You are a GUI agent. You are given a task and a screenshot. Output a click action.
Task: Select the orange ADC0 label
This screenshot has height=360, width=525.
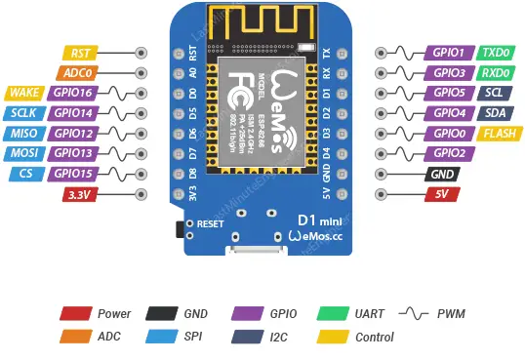77,73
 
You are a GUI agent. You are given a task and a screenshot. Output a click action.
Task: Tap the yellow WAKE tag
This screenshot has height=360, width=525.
23,93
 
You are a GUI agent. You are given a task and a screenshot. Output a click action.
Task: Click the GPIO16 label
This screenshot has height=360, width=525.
74,93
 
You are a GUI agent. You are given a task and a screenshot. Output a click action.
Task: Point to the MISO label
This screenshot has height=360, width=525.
23,134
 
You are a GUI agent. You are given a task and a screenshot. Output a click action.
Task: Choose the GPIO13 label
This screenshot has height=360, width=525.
74,153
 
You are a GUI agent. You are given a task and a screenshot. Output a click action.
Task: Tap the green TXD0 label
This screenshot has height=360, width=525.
495,53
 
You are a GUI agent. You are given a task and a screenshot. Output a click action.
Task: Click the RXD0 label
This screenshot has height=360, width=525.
495,73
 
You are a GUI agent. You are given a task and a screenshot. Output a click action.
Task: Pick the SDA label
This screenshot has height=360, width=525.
494,113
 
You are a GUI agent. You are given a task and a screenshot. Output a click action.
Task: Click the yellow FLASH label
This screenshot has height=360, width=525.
498,134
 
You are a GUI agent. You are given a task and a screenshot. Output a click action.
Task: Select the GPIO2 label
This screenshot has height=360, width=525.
449,153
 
